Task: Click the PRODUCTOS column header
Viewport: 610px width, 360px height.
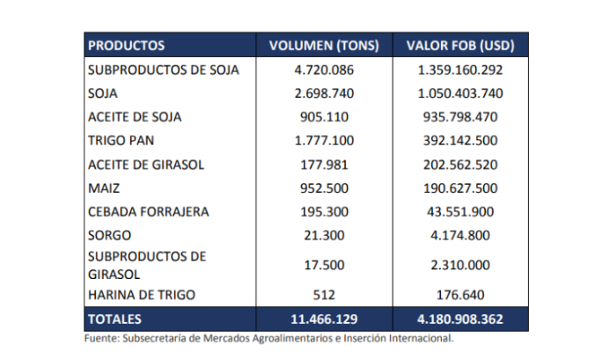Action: point(127,45)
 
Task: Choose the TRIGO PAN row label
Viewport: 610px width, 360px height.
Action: point(121,140)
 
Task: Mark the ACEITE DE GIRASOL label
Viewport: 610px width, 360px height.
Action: point(144,164)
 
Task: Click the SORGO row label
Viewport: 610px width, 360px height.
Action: point(109,236)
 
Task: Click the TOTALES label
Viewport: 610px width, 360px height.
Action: point(115,318)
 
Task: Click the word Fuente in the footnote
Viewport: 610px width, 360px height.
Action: point(101,337)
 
